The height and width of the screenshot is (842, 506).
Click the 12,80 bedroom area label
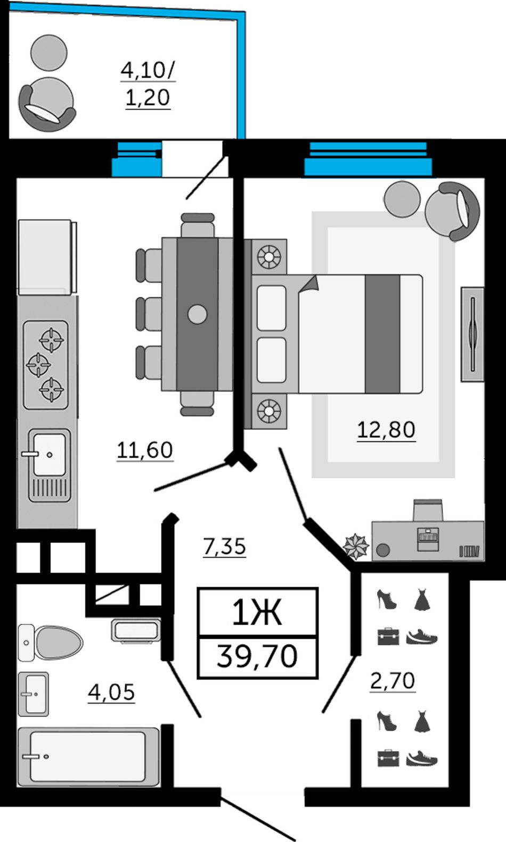(x=386, y=430)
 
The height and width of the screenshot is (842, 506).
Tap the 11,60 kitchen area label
(x=145, y=450)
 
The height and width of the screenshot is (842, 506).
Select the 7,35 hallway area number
(x=224, y=547)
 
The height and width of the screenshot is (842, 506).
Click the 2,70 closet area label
(x=393, y=680)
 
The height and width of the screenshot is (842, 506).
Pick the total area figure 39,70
(x=257, y=656)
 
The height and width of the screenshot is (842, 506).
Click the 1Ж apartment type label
(x=257, y=613)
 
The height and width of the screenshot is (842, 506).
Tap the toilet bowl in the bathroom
(x=51, y=643)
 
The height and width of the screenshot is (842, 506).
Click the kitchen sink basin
(x=50, y=454)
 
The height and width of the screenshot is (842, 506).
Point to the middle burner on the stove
(x=38, y=364)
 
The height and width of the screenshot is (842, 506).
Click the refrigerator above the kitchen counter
(x=47, y=257)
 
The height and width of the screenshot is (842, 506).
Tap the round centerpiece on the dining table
(x=197, y=314)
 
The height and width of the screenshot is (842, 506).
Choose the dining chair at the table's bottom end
(x=197, y=403)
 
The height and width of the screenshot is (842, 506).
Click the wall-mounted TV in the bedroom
(x=473, y=335)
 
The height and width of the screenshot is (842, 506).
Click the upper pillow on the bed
(x=271, y=308)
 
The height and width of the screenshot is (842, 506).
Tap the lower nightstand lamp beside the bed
(x=269, y=411)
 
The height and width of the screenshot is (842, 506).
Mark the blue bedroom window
(x=368, y=159)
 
